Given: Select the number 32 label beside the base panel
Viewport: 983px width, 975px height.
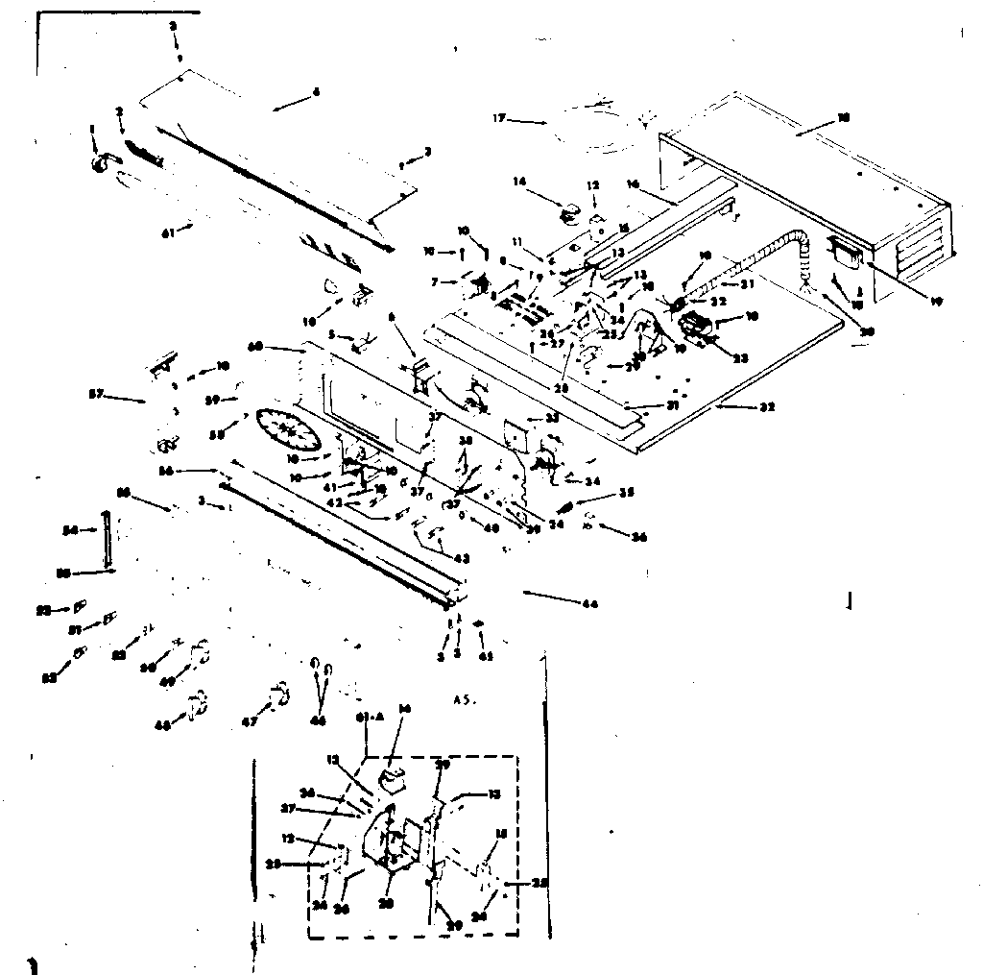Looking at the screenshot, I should click(x=766, y=406).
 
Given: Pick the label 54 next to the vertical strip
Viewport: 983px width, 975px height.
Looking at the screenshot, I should click(x=70, y=529).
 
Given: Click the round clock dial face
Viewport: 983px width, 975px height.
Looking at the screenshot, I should click(x=288, y=430).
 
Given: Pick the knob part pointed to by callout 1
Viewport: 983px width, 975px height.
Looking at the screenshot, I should click(x=100, y=164).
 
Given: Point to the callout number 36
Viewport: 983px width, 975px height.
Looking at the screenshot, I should click(x=638, y=537).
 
